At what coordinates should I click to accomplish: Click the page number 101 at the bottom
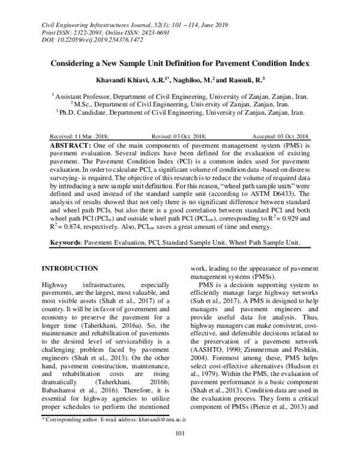tap(179, 451)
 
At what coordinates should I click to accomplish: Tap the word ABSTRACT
tap(71, 146)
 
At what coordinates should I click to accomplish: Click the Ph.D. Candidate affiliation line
tap(179, 112)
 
